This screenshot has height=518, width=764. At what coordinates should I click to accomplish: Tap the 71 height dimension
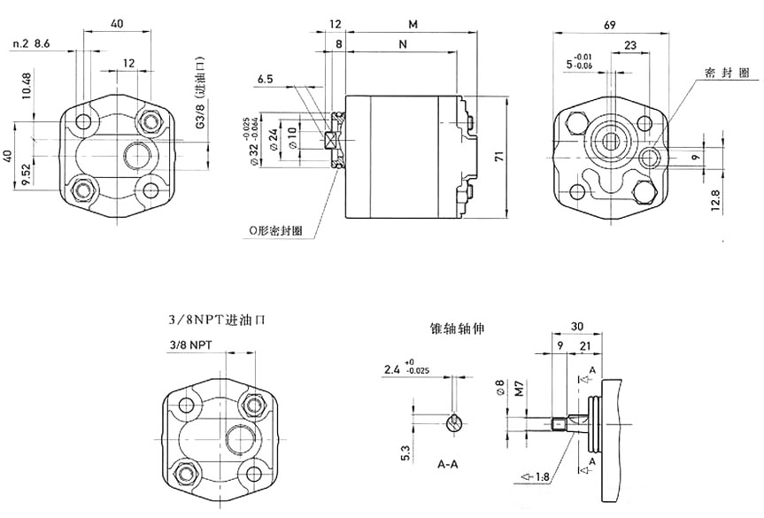tap(498, 156)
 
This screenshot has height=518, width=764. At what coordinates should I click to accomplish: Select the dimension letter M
tap(413, 22)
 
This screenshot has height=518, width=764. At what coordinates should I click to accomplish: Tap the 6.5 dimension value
tap(265, 80)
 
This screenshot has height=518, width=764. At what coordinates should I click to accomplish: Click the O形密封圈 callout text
tap(275, 230)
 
